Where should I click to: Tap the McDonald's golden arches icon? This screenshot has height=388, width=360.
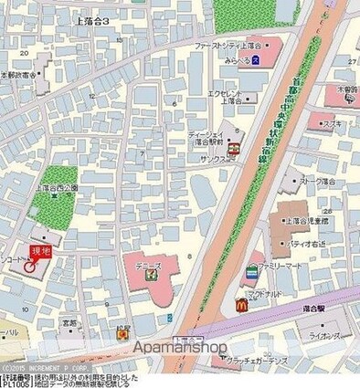[241, 305]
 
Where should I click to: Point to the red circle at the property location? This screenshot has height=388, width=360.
[34, 267]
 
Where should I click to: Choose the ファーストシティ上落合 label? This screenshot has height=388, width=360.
[227, 44]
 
